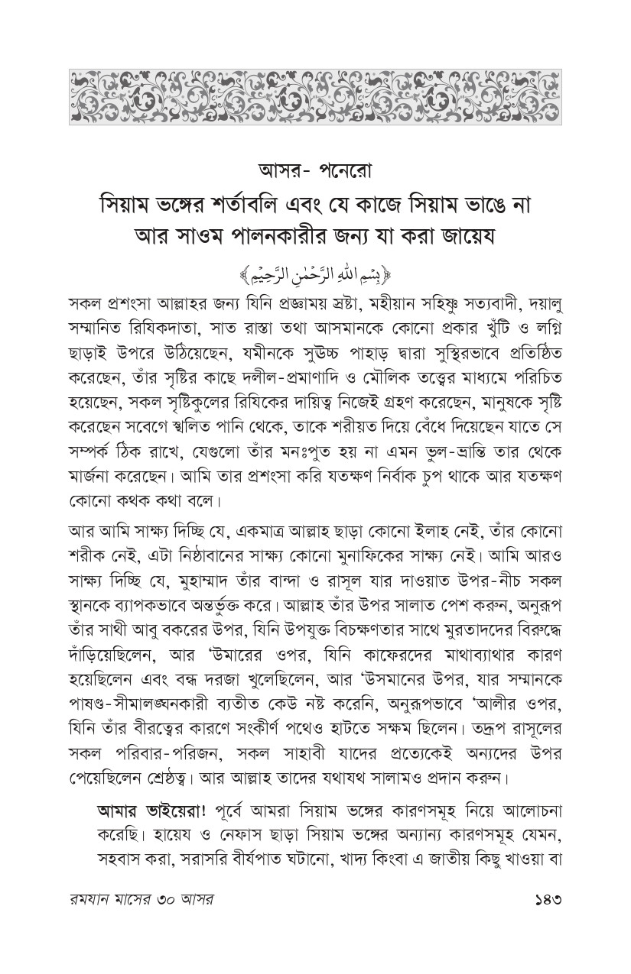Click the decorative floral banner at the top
pos(315,96)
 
